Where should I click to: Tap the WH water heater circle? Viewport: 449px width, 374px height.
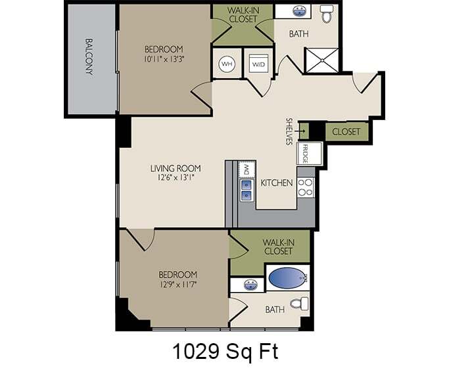coord(227,64)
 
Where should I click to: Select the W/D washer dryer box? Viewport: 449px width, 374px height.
coord(257,64)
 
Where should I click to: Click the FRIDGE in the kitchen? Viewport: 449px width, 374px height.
coord(306,154)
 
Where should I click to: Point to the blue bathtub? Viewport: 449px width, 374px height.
coord(286,278)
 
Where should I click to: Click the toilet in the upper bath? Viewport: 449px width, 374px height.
coord(327,13)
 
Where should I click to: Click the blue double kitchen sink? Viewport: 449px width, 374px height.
coord(246,189)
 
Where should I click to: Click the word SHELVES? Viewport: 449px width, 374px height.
coord(289,132)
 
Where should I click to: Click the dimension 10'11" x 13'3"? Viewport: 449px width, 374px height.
coord(164,59)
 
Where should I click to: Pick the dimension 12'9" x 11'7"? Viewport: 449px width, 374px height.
coord(177,284)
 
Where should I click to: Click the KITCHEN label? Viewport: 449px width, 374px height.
coord(277,182)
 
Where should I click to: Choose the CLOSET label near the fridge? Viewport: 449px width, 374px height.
coord(346,132)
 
